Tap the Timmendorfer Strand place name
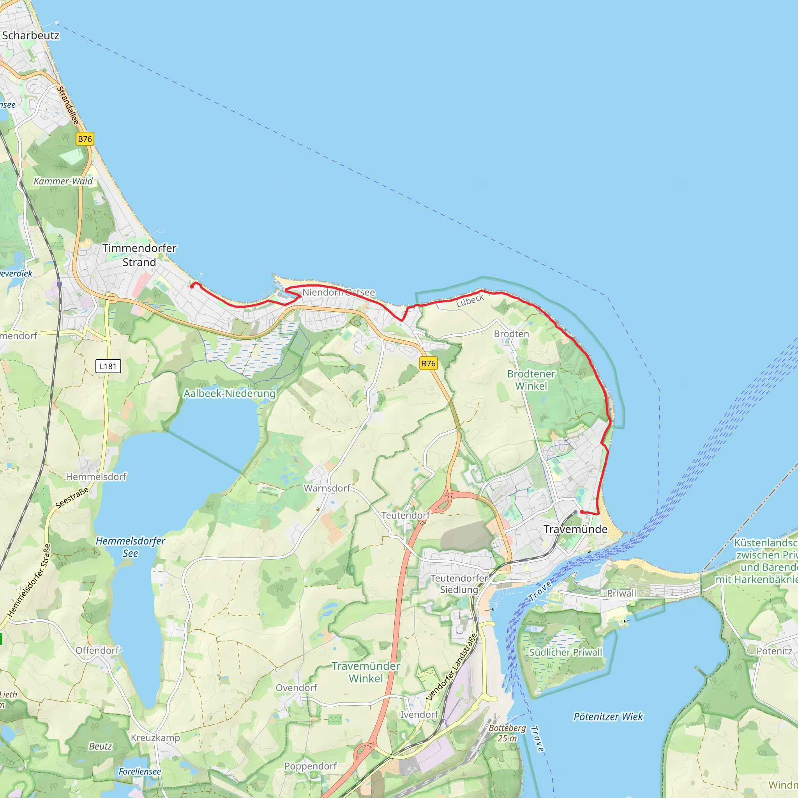[x=139, y=255]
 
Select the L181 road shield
[x=108, y=366]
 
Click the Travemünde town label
[x=576, y=529]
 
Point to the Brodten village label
[x=511, y=334]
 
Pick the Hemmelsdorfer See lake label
[x=131, y=547]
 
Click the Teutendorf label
[x=405, y=516]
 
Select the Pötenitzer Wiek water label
[x=608, y=717]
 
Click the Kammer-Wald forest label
[x=63, y=181]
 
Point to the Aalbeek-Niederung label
[x=229, y=393]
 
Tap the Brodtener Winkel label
[x=531, y=380]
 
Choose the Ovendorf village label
[x=297, y=688]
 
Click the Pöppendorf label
[x=311, y=766]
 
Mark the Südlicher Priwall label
[x=566, y=652]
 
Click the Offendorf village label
[x=97, y=651]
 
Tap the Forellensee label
[x=139, y=772]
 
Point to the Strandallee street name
[x=68, y=105]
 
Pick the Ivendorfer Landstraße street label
[x=452, y=667]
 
